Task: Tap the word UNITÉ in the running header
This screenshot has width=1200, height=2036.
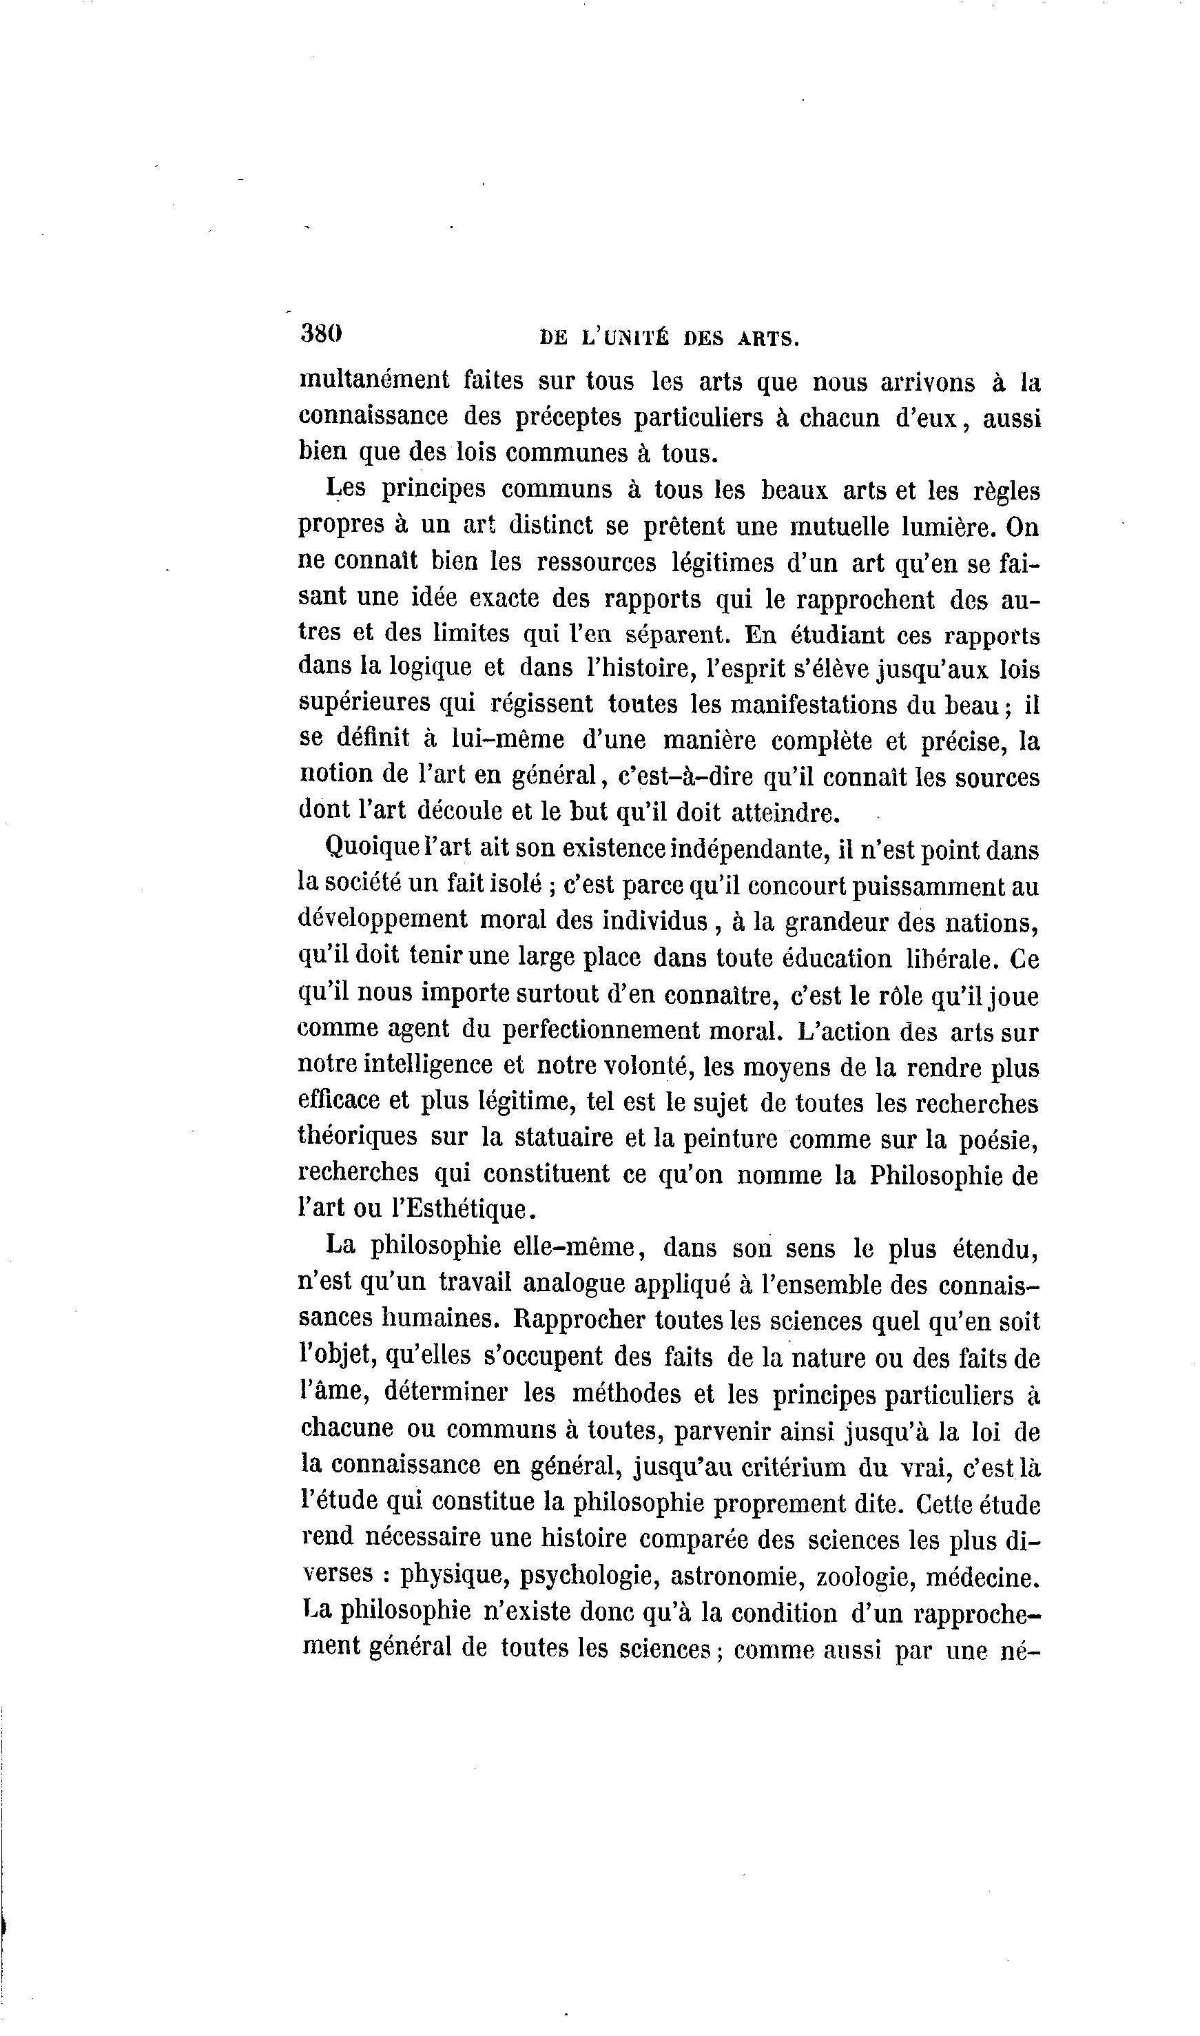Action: pos(633,339)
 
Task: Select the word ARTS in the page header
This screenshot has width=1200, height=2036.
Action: pos(767,339)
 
